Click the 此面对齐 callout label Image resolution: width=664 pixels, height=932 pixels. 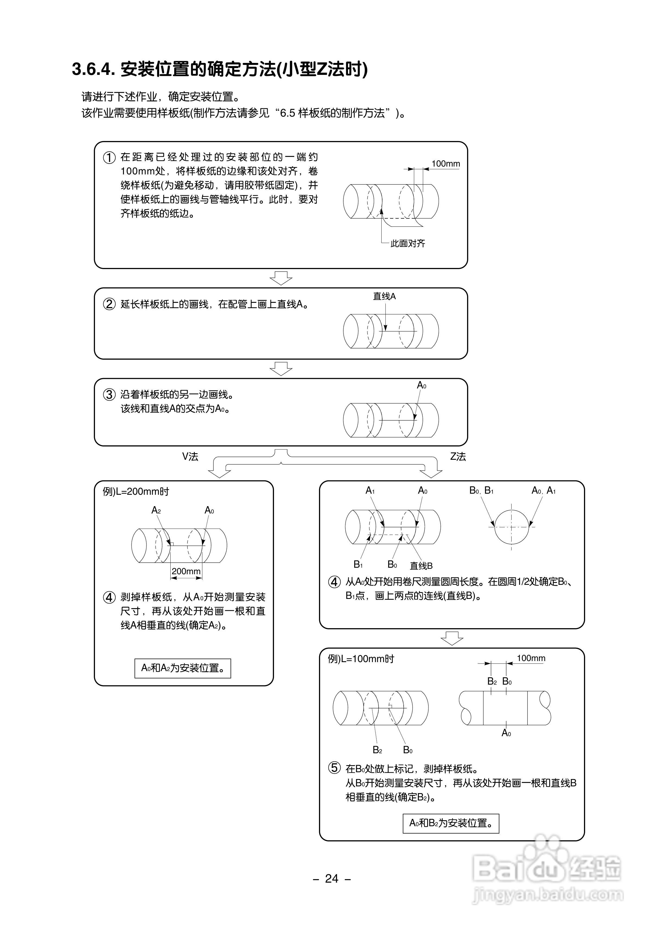pyautogui.click(x=408, y=244)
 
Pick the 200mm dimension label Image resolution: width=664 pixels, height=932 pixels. pyautogui.click(x=186, y=571)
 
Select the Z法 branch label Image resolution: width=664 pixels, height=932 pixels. pyautogui.click(x=458, y=457)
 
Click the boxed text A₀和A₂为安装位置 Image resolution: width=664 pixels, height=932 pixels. pyautogui.click(x=183, y=668)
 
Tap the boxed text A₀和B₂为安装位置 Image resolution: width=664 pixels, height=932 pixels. pyautogui.click(x=451, y=823)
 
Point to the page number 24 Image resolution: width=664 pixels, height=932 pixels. pyautogui.click(x=331, y=879)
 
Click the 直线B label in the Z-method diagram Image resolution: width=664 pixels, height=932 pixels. pyautogui.click(x=421, y=566)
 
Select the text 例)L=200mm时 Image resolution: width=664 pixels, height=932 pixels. pyautogui.click(x=136, y=491)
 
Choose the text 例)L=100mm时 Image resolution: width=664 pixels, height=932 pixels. pyautogui.click(x=361, y=659)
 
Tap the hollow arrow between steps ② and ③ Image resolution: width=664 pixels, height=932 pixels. pyautogui.click(x=281, y=368)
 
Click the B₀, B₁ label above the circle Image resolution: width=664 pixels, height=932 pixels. pyautogui.click(x=481, y=490)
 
